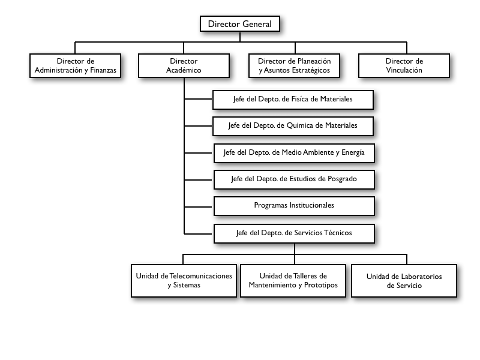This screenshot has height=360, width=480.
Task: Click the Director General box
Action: click(239, 24)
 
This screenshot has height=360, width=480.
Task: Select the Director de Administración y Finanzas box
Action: click(76, 65)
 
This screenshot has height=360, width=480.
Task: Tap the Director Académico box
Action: click(184, 65)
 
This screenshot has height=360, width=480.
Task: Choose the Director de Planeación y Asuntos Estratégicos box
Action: click(294, 65)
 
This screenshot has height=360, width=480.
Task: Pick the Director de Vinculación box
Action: click(404, 65)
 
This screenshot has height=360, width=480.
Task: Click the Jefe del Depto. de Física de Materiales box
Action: click(293, 100)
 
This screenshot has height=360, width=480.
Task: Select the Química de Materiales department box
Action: click(293, 126)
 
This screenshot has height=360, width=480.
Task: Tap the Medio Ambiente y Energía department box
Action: click(294, 153)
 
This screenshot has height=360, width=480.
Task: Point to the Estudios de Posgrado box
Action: click(294, 179)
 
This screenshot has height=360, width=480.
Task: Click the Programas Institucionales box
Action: click(294, 206)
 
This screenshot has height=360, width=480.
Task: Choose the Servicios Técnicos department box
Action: click(294, 233)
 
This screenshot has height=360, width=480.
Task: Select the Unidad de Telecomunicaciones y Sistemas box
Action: click(184, 281)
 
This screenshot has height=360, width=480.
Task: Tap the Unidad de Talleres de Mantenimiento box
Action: click(293, 281)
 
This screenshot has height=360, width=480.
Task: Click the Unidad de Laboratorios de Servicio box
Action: click(404, 281)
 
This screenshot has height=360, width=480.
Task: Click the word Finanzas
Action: click(103, 70)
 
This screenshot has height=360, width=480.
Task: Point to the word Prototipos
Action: click(321, 285)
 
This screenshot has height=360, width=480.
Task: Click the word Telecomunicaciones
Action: click(201, 276)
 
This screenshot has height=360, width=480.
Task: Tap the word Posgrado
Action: click(342, 179)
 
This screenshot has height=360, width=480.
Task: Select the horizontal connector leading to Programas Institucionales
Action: click(198, 207)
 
